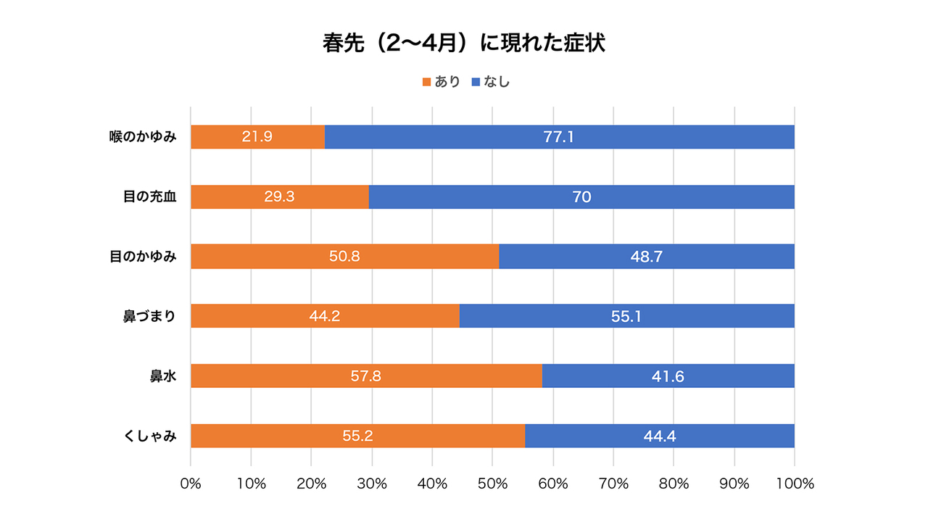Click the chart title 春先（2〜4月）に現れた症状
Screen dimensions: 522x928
tap(464, 43)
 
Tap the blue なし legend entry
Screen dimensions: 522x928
tap(491, 82)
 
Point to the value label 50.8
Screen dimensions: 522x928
tap(344, 257)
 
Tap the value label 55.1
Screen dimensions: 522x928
tap(626, 317)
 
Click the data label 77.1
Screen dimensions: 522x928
tap(558, 137)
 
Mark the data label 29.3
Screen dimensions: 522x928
tap(279, 196)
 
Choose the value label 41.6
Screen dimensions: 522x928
tap(668, 376)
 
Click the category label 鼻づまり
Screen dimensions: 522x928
tap(149, 316)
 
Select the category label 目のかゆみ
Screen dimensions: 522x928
tap(144, 256)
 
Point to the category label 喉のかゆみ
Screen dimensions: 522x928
tap(144, 136)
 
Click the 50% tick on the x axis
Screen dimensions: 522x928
tap(492, 484)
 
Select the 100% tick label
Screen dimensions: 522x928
tap(795, 484)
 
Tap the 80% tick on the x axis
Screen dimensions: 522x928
tap(674, 484)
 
